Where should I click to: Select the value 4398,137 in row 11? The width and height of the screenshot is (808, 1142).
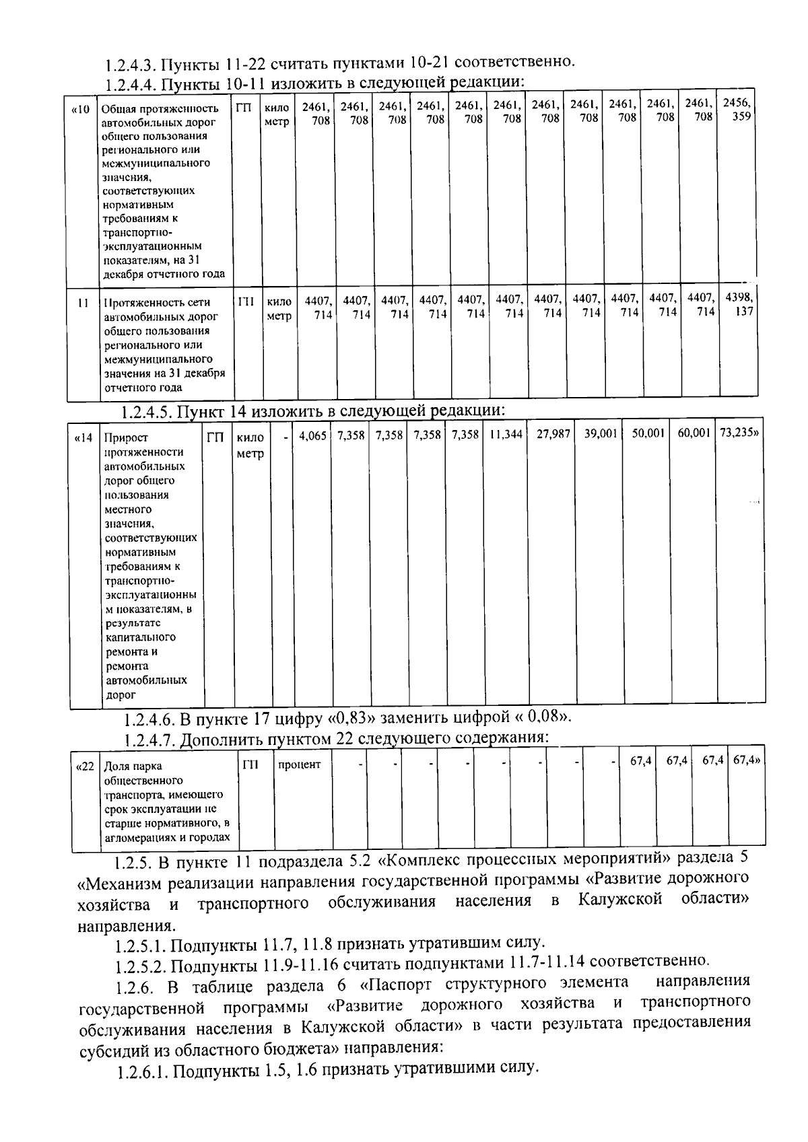click(739, 304)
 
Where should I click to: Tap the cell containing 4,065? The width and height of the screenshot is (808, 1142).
click(312, 436)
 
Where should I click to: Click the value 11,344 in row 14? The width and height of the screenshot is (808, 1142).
click(506, 436)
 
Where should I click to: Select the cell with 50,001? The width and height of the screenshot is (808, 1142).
click(648, 436)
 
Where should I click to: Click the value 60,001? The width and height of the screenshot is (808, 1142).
click(694, 436)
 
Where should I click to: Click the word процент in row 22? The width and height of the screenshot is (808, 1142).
click(300, 765)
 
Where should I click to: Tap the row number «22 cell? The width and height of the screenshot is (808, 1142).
click(86, 766)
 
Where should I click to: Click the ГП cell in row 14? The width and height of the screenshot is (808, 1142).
click(215, 437)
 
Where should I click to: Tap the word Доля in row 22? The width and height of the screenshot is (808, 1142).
click(115, 766)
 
